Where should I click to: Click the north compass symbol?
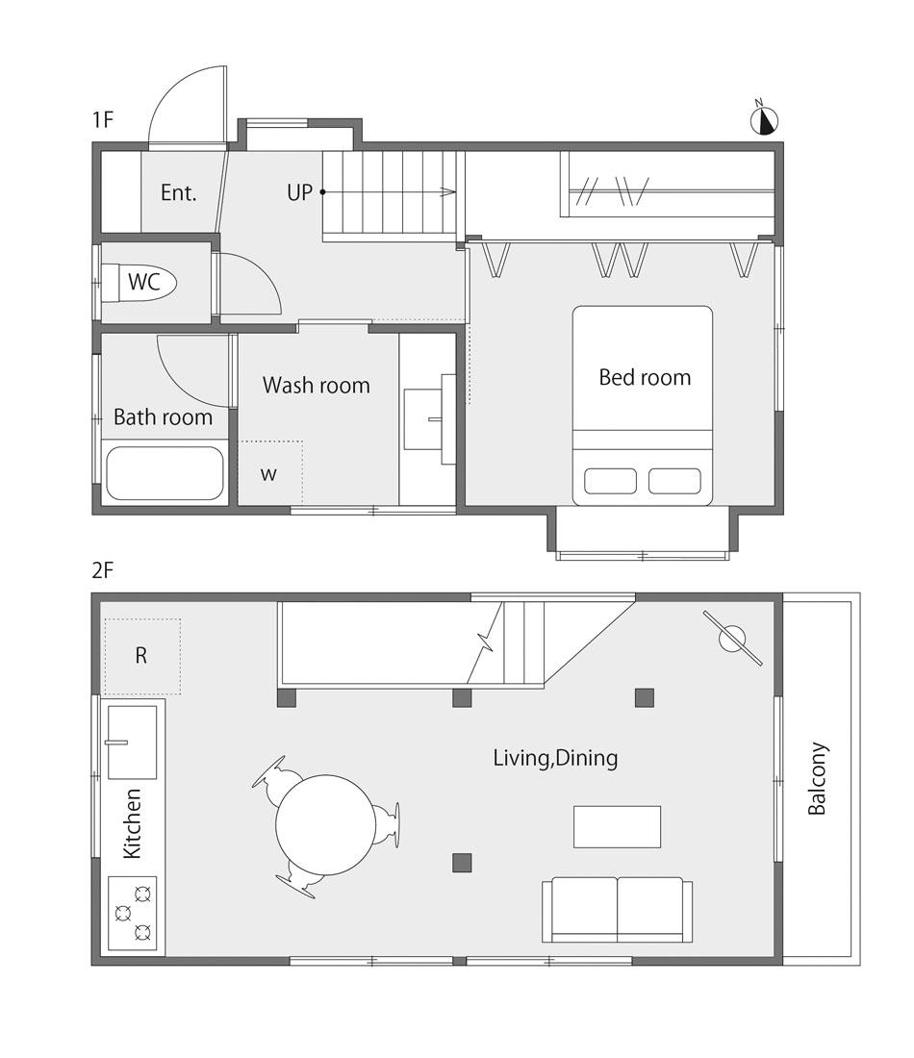(x=764, y=120)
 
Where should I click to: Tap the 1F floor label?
(x=103, y=120)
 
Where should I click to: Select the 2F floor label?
(x=103, y=570)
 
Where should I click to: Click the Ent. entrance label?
(x=178, y=193)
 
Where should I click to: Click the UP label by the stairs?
(x=300, y=192)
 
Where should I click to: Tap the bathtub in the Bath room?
(x=165, y=472)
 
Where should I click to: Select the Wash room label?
(x=316, y=386)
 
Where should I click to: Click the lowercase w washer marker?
(x=268, y=473)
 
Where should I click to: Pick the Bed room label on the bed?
(x=645, y=377)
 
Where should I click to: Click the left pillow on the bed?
(x=610, y=481)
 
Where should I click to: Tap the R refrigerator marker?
(x=141, y=654)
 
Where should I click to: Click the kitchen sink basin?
(x=133, y=743)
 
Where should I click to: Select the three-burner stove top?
(x=133, y=913)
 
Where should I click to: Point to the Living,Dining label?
(x=555, y=758)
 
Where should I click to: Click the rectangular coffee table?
(x=617, y=826)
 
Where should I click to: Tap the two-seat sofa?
(x=617, y=910)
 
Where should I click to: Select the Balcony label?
(x=817, y=779)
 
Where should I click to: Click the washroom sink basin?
(x=423, y=419)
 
